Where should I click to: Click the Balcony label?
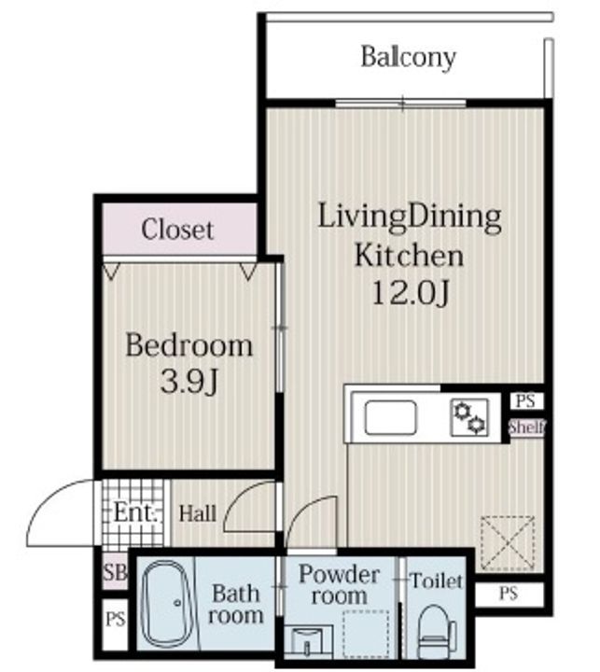pos(409,58)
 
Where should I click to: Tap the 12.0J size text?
pos(411,294)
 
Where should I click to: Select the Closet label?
pos(177,230)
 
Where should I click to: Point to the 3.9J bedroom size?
pos(189,381)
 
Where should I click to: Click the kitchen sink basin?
pos(390,417)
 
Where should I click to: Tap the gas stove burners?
pos(469,417)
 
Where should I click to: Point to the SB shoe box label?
pos(116,572)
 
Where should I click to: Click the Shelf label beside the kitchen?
pos(527,427)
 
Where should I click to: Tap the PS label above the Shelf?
pos(526,401)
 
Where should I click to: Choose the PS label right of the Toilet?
pos(509,594)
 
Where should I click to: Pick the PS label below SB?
pos(116,620)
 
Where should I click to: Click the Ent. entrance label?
pos(133,512)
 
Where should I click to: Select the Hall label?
pos(197,513)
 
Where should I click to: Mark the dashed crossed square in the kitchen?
pos(508,543)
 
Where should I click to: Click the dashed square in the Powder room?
pos(366,635)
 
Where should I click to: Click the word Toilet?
pos(437,581)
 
